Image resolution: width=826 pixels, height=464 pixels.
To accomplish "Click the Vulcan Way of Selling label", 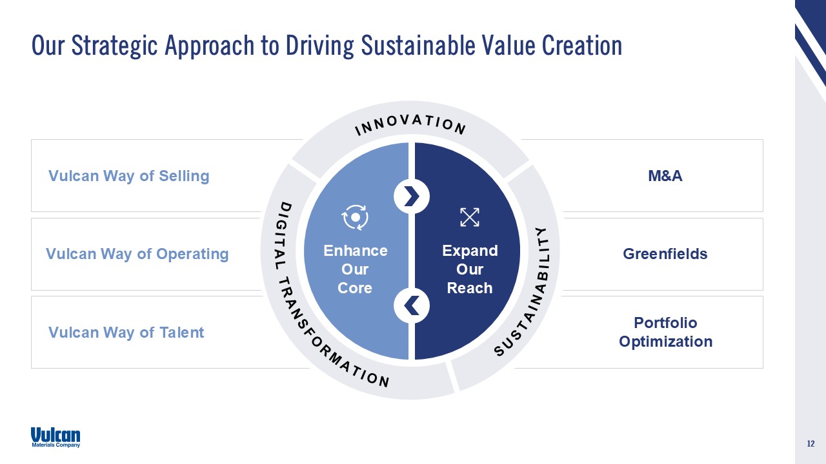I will [129, 176].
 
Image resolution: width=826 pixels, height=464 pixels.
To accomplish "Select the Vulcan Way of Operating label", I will [137, 254].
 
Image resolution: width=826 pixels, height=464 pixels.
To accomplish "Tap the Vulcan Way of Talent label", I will [126, 333].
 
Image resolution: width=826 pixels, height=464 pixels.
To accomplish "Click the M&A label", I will [665, 176].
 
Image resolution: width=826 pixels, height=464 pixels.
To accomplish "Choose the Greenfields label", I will [665, 254].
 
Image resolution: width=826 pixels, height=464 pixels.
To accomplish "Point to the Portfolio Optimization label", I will [665, 332].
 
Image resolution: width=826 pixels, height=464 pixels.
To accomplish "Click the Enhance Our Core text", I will [355, 269].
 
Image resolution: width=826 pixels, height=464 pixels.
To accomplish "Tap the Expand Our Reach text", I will [470, 269].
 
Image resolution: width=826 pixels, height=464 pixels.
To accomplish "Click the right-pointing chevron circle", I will [412, 195].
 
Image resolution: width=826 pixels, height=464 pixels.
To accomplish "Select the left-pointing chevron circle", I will [412, 305].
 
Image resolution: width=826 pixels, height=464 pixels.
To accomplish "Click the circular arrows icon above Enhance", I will [355, 217].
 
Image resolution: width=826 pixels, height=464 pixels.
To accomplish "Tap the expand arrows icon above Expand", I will [469, 217].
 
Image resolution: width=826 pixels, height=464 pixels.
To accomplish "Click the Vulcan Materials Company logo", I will [55, 437].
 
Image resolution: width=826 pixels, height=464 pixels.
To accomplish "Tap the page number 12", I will [811, 444].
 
